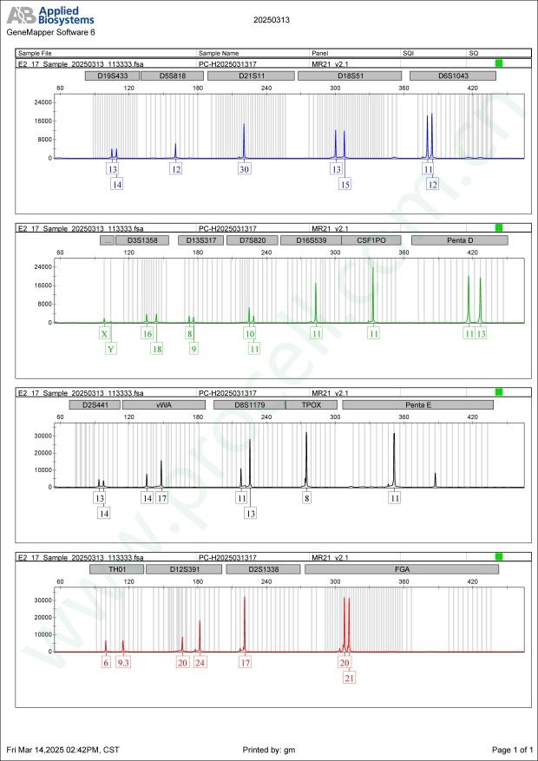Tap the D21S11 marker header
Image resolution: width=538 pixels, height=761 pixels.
[250, 76]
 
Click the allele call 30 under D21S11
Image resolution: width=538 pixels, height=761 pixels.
[245, 169]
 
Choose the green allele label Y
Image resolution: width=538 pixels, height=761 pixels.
[110, 349]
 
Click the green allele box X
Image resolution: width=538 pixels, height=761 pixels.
[105, 334]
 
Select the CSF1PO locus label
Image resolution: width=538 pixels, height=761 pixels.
[371, 240]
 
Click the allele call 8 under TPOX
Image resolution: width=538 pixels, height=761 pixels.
[306, 498]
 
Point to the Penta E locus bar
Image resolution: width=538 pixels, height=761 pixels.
[417, 405]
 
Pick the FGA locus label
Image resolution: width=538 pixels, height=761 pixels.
[402, 569]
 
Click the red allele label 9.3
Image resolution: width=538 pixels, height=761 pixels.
[123, 663]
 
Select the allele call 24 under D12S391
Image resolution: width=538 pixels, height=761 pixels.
[200, 663]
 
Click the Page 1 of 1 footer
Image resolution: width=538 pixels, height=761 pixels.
[510, 749]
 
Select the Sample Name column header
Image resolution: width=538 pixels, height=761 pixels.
[219, 53]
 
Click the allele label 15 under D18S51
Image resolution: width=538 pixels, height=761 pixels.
[345, 184]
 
